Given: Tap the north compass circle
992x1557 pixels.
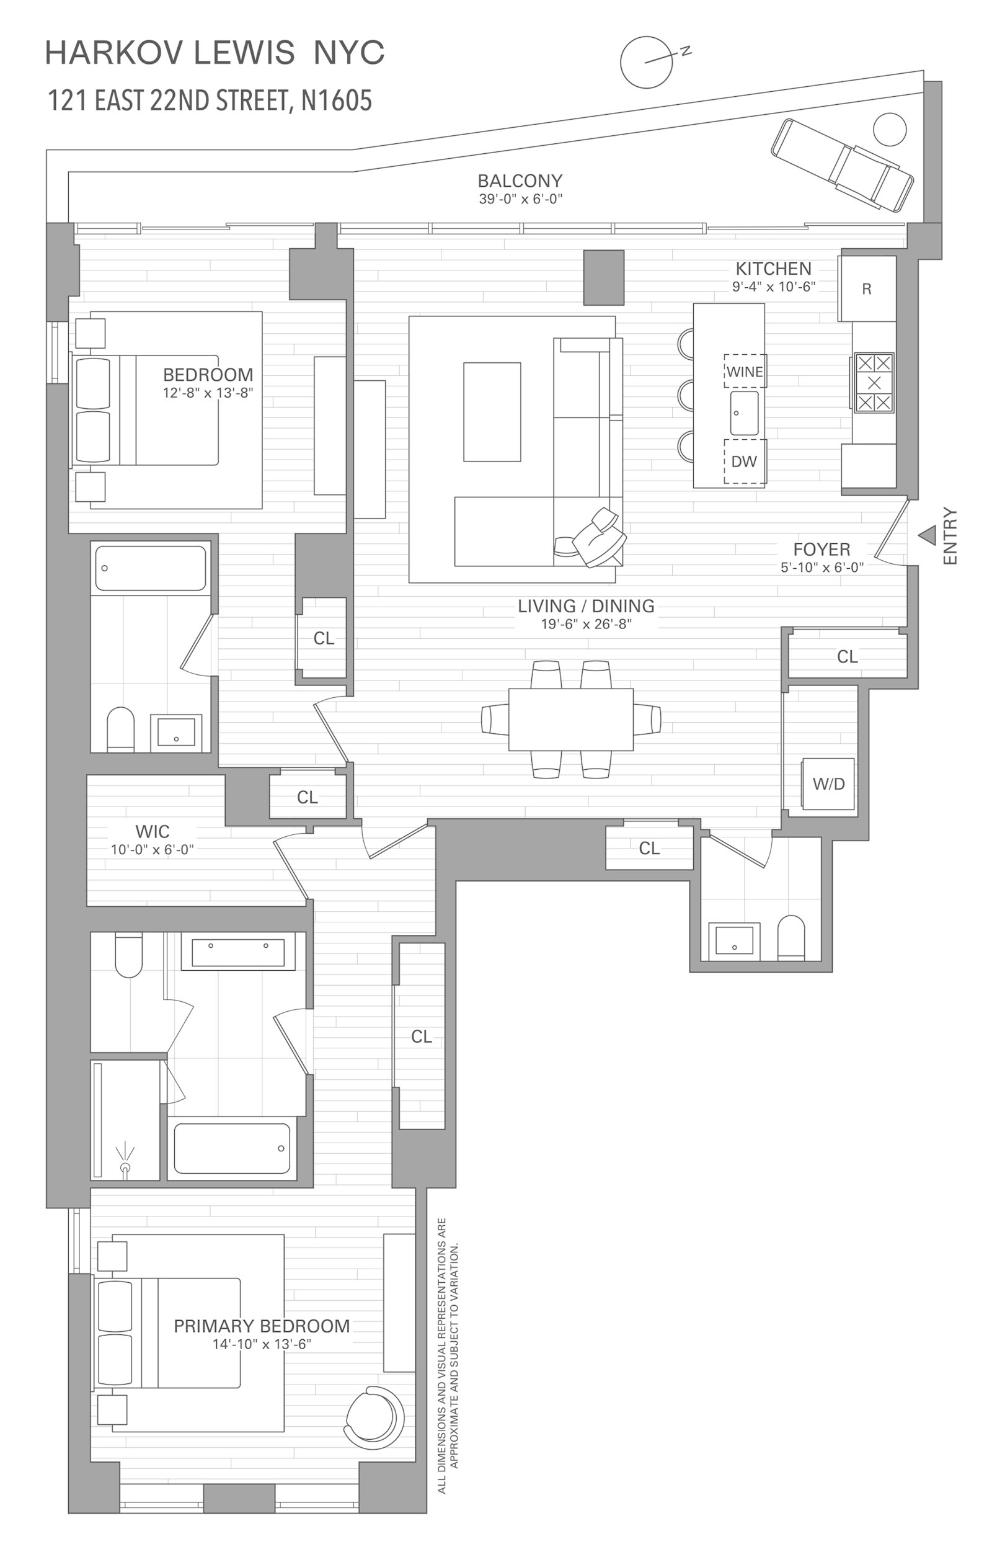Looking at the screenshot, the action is coord(646,63).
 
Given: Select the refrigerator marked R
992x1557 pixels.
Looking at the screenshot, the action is coord(867,288).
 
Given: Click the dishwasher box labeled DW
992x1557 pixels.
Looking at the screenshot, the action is coord(745,462).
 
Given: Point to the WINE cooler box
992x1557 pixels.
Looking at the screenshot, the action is coord(745,371).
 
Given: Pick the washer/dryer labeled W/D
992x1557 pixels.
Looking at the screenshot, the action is coord(828,783).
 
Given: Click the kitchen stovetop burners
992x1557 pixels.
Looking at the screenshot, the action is coord(874,382).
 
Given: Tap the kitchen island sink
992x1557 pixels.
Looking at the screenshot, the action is coord(745,413).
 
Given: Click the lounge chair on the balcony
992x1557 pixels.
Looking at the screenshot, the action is coord(842,165).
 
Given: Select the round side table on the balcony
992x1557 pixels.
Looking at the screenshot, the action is coord(890,129).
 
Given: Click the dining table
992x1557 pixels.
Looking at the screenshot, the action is coord(570,719).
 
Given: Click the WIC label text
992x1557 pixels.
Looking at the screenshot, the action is coord(153,831).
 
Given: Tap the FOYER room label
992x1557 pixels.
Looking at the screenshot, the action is coord(821,550).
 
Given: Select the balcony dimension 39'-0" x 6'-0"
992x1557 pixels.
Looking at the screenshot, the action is coord(520,199).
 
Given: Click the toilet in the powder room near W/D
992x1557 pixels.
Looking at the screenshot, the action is coord(791,937).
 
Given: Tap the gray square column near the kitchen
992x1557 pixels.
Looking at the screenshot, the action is coord(604,277).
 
